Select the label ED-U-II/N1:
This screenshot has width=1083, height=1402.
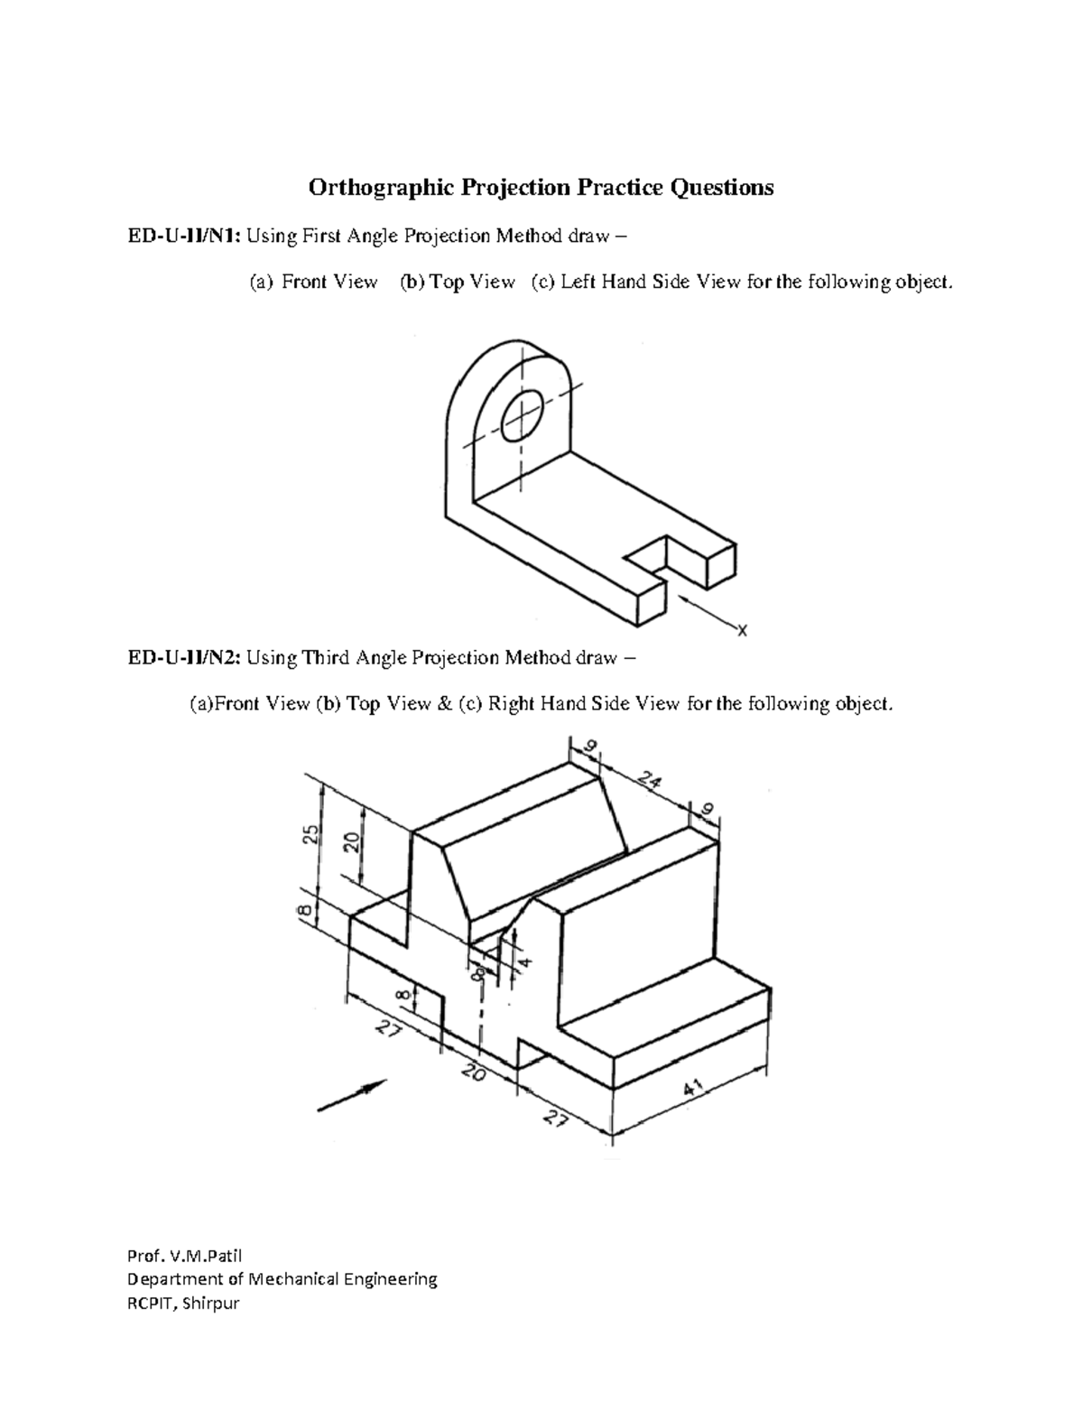pyautogui.click(x=183, y=237)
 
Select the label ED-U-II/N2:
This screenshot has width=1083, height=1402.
pyautogui.click(x=183, y=657)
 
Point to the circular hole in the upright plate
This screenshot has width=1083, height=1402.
pyautogui.click(x=522, y=416)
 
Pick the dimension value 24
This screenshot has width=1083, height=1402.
pyautogui.click(x=648, y=779)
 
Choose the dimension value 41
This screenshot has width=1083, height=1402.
pyautogui.click(x=694, y=1091)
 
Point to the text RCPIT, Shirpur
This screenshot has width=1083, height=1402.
pyautogui.click(x=183, y=1304)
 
